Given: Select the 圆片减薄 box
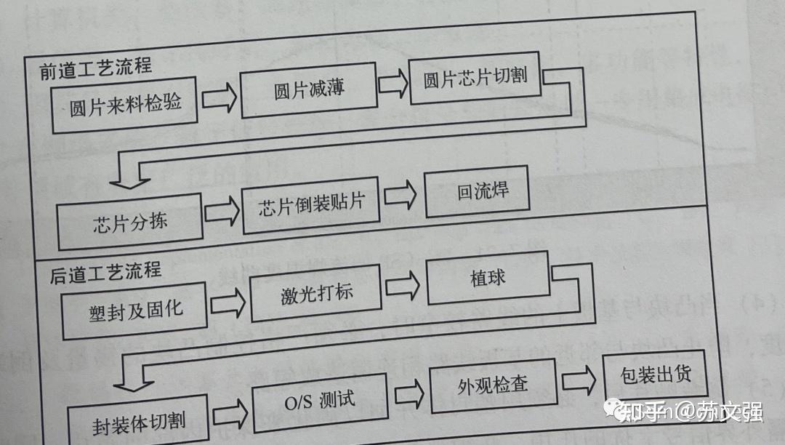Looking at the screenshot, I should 309,91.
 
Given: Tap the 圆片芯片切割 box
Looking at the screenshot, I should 475,77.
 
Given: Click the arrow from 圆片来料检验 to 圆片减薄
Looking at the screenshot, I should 220,99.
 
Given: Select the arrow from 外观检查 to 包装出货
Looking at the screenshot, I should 579,382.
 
